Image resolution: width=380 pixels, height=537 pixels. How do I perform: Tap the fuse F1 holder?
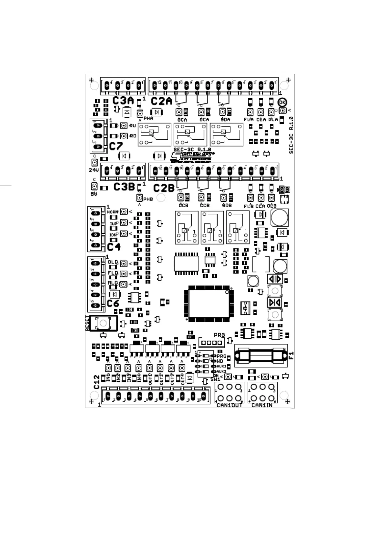[x=260, y=355]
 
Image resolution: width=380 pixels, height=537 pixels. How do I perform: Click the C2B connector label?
[x=164, y=188]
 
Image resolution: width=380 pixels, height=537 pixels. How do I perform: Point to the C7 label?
[x=116, y=146]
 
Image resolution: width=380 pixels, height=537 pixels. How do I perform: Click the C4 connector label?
[x=114, y=247]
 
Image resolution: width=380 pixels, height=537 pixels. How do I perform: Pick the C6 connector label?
[x=113, y=303]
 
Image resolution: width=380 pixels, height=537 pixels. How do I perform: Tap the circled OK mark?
[x=282, y=102]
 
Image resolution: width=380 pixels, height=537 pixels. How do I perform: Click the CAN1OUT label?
[x=229, y=405]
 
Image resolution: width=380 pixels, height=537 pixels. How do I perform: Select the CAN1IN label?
[x=262, y=405]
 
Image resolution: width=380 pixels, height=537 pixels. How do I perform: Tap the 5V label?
[x=93, y=194]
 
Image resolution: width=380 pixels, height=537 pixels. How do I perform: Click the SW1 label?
[x=215, y=379]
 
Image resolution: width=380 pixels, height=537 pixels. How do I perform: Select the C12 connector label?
[x=97, y=382]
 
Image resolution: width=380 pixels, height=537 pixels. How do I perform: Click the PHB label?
[x=148, y=199]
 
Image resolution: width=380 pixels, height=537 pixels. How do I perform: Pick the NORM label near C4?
[x=113, y=212]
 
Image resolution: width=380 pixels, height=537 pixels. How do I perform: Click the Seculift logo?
[x=192, y=156]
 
